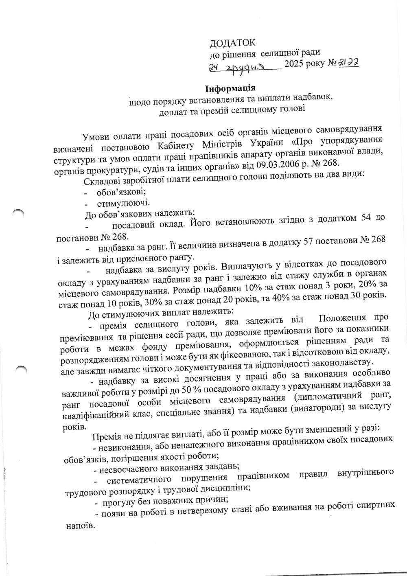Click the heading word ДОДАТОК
232,43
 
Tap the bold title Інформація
230,88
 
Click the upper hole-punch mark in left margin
19,212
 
